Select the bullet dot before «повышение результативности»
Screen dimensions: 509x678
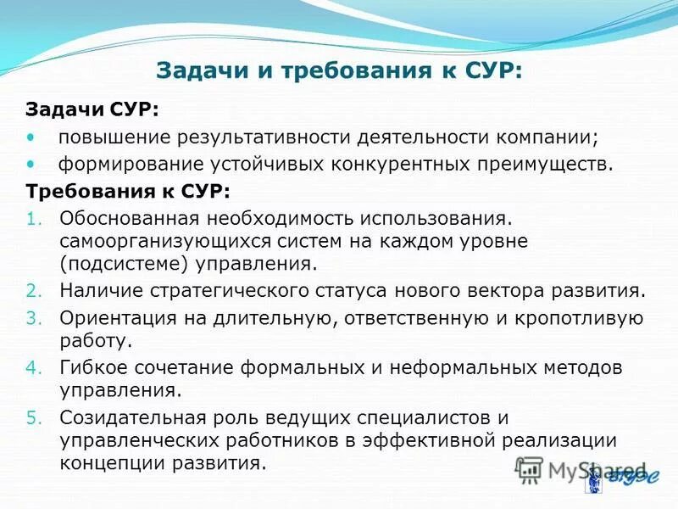click(32, 137)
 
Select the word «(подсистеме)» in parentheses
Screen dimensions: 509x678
click(124, 263)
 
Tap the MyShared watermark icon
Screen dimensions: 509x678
click(530, 469)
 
